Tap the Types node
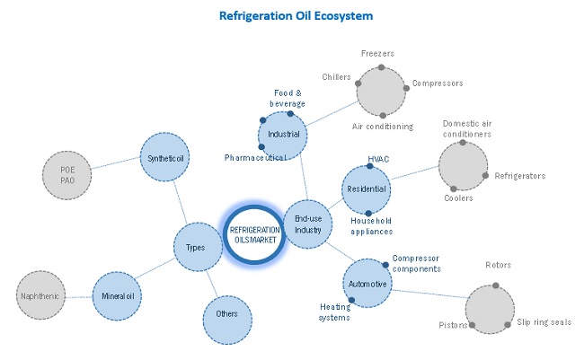coord(197,248)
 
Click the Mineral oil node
coord(118,294)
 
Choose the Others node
coord(227,315)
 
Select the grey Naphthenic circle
coord(42,294)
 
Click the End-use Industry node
coord(307,223)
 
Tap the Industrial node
coord(282,135)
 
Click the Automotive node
coord(367,285)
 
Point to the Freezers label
coord(378,53)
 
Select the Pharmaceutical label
coord(256,158)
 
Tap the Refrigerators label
coord(519,176)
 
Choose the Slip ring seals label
coord(544,322)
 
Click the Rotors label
coord(499,266)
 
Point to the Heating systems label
coord(335,312)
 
